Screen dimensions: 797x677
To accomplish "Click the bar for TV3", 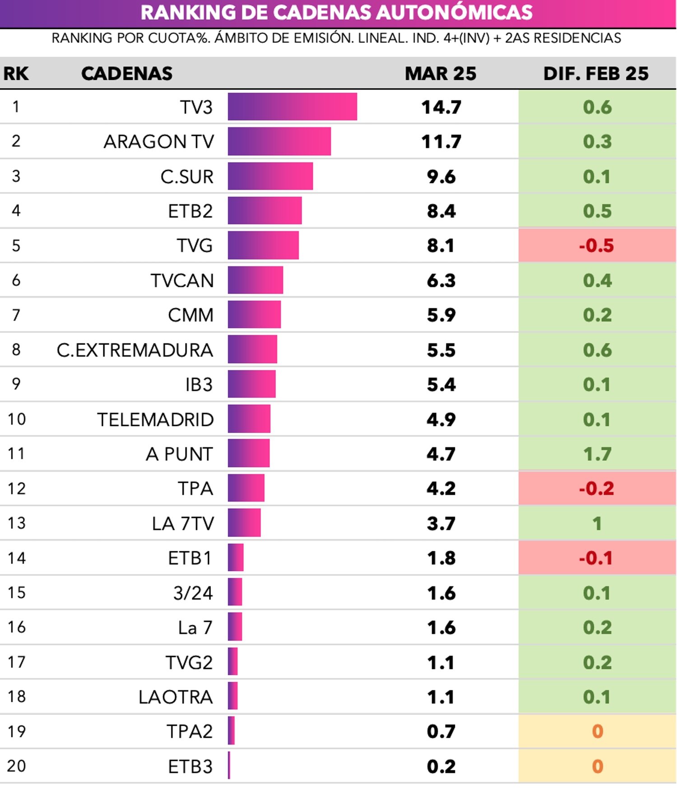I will coord(292,107).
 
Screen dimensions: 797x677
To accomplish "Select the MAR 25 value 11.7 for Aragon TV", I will coord(441,141).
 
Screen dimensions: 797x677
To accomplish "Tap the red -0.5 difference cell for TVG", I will coord(596,246).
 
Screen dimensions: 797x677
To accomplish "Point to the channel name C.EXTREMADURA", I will coord(134,350).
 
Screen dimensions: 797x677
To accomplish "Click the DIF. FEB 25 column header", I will coord(596,73).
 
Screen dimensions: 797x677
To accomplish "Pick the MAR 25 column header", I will coord(440,73).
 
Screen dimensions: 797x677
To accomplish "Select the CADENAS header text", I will coord(127,73).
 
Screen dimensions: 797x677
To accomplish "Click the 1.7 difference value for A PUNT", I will coord(597,454).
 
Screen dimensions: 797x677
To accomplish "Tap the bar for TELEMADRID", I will coord(249,419).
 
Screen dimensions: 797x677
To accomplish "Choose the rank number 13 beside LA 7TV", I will coord(17,523).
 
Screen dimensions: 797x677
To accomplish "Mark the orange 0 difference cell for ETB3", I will coord(597,766).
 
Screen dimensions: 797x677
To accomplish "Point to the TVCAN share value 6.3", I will coord(441,280).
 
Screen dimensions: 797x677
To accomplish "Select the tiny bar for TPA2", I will coord(231,731).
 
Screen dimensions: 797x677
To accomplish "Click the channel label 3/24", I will coord(193,593).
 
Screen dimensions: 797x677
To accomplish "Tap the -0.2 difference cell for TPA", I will coord(596,489).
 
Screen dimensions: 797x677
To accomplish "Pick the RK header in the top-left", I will coord(16,73).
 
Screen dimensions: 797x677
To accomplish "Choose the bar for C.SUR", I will coord(270,176).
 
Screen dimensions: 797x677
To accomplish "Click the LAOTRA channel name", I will coord(175,697).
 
